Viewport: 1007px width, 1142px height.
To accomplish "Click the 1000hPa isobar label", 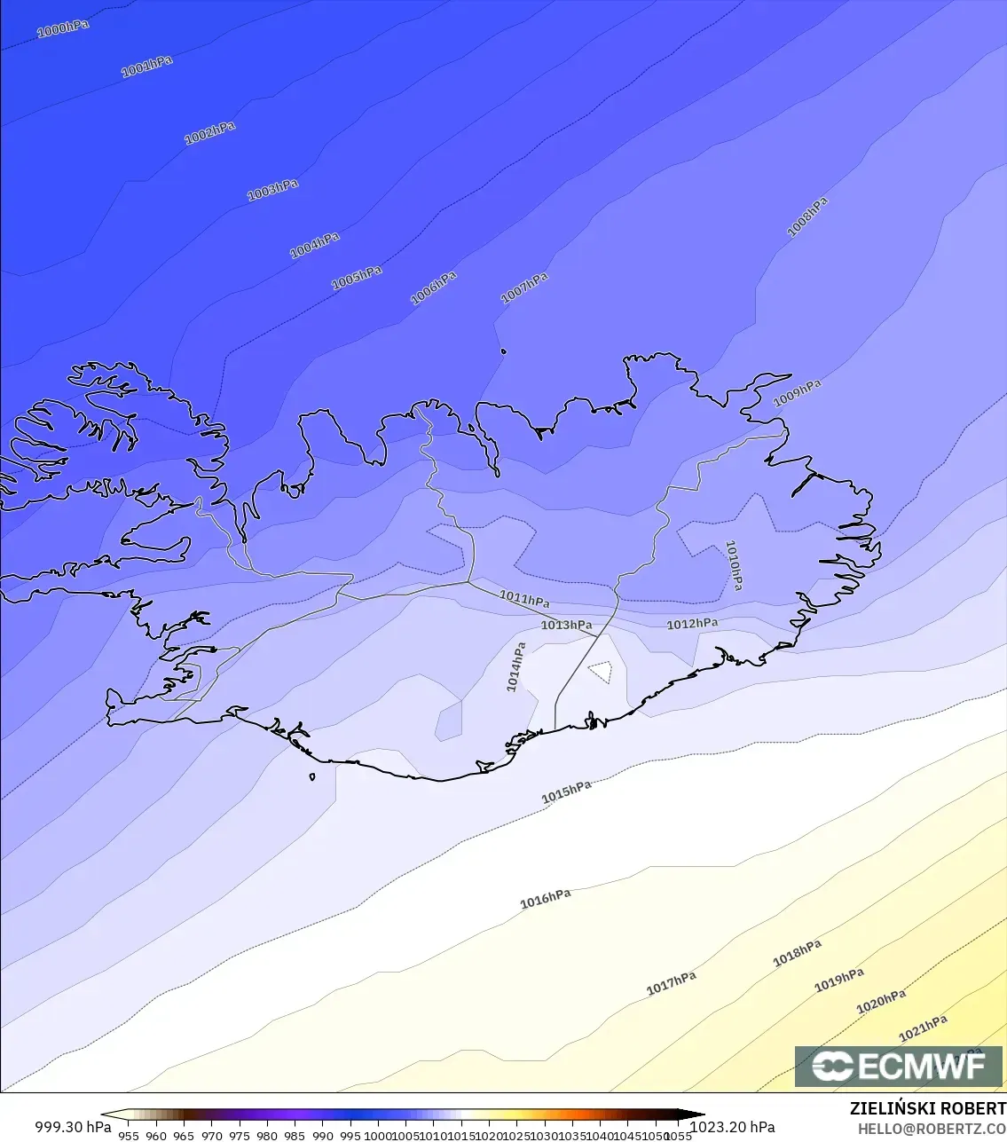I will [63, 28].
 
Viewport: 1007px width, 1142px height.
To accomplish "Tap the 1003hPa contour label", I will [272, 190].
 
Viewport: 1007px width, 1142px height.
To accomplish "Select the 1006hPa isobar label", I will [433, 288].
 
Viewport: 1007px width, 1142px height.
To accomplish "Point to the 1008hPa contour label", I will [807, 217].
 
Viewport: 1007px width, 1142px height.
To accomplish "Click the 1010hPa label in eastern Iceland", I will [734, 565].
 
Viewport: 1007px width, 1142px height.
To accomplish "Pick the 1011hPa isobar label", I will [524, 599].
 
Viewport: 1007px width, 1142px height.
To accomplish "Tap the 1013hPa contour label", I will [566, 626].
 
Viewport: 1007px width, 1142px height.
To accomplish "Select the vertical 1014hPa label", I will [515, 667].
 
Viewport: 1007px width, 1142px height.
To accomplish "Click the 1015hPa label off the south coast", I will [566, 792].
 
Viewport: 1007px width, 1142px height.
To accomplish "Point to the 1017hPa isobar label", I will [671, 983].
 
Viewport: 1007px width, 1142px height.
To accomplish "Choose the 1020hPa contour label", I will [880, 1002].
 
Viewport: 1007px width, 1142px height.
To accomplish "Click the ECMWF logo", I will [899, 1067].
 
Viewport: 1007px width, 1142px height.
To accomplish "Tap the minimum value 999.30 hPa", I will [73, 1127].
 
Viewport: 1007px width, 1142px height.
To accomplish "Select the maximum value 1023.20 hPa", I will [733, 1127].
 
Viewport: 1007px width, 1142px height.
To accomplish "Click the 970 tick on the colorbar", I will [211, 1135].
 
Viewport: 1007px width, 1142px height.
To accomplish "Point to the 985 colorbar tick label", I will [295, 1135].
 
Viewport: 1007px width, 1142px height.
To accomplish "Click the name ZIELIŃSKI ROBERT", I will [927, 1108].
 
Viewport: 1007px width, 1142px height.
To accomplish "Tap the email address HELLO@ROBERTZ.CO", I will [932, 1129].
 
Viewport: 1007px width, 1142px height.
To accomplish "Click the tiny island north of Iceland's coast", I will [504, 351].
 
